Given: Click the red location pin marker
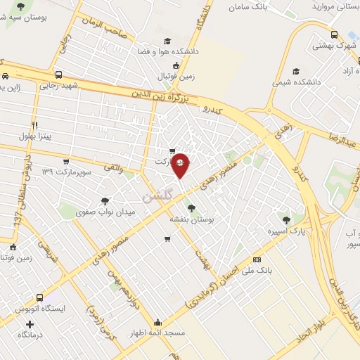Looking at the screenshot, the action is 181,165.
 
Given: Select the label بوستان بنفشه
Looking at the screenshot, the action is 191,219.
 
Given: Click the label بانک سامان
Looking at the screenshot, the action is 250,7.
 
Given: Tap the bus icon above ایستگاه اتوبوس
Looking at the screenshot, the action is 40,297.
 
